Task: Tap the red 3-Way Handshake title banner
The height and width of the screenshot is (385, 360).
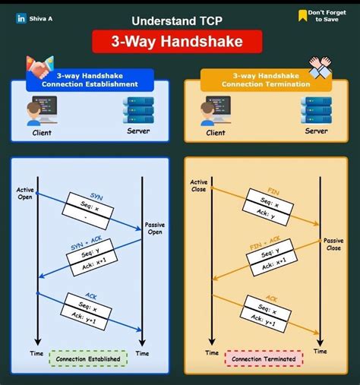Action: pyautogui.click(x=177, y=42)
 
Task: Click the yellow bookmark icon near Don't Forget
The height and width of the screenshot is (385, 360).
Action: pyautogui.click(x=302, y=15)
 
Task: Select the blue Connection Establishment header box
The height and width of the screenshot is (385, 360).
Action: pyautogui.click(x=90, y=80)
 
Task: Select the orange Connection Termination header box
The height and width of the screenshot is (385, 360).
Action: pyautogui.click(x=267, y=80)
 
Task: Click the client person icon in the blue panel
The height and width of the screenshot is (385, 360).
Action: pyautogui.click(x=41, y=112)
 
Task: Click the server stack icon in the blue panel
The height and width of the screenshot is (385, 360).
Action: pyautogui.click(x=137, y=110)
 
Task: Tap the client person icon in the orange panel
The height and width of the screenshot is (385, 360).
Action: pyautogui.click(x=216, y=112)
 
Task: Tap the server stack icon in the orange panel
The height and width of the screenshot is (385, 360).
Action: pyautogui.click(x=316, y=110)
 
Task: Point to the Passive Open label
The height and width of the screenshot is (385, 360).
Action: pyautogui.click(x=155, y=229)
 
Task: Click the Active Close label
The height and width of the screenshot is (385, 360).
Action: pyautogui.click(x=199, y=186)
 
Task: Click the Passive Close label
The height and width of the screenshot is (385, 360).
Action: pyautogui.click(x=333, y=244)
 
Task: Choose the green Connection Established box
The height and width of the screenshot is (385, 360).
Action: pyautogui.click(x=89, y=358)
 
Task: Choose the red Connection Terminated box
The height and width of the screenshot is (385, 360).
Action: pyautogui.click(x=264, y=358)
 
